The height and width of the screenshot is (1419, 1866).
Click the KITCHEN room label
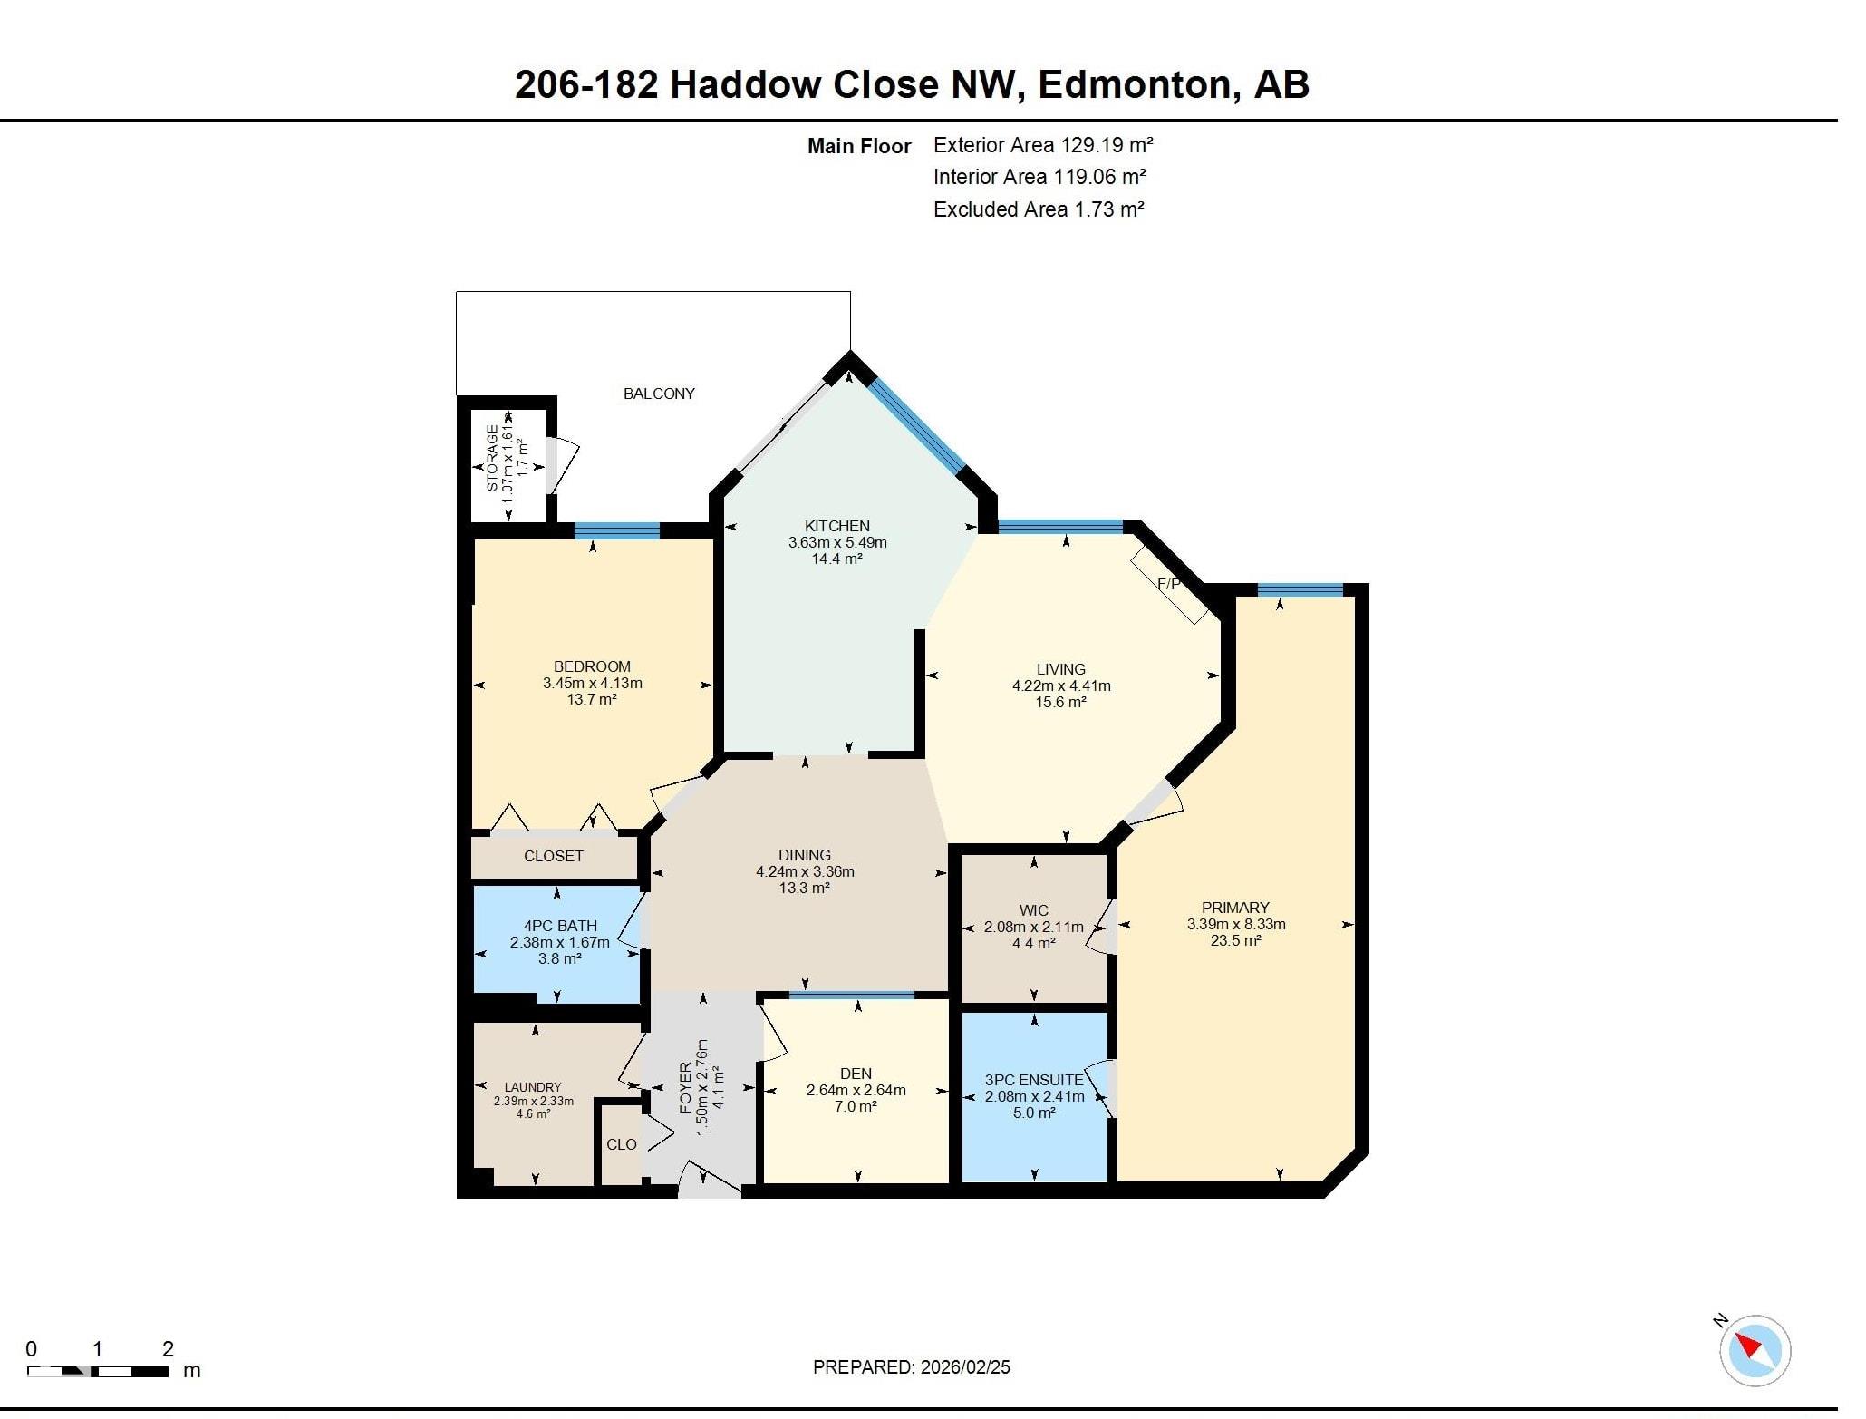click(x=836, y=526)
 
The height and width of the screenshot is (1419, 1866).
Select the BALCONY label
click(x=659, y=394)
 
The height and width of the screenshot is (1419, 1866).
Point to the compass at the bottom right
click(x=1755, y=1350)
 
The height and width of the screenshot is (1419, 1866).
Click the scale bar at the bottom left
click(x=98, y=1371)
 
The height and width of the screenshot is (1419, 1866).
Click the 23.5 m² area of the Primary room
click(x=1235, y=941)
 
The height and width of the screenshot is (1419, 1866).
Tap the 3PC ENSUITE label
click(x=1034, y=1080)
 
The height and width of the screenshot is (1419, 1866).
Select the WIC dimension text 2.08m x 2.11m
click(x=1033, y=927)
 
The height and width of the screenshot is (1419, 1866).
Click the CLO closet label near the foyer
click(x=621, y=1144)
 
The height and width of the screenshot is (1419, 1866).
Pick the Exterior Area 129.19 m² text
click(x=1042, y=145)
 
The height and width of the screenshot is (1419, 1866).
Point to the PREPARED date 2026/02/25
click(x=911, y=1367)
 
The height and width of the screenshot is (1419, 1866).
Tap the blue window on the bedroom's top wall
click(x=617, y=530)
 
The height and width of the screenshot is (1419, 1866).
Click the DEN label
click(x=856, y=1074)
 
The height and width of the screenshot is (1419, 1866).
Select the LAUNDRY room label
click(x=533, y=1087)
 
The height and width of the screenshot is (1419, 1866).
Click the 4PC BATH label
click(x=560, y=926)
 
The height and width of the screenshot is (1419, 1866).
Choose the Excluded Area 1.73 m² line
click(x=1038, y=209)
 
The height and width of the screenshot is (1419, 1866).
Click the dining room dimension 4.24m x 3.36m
click(x=805, y=871)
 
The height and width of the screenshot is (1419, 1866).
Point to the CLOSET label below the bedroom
click(x=553, y=856)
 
